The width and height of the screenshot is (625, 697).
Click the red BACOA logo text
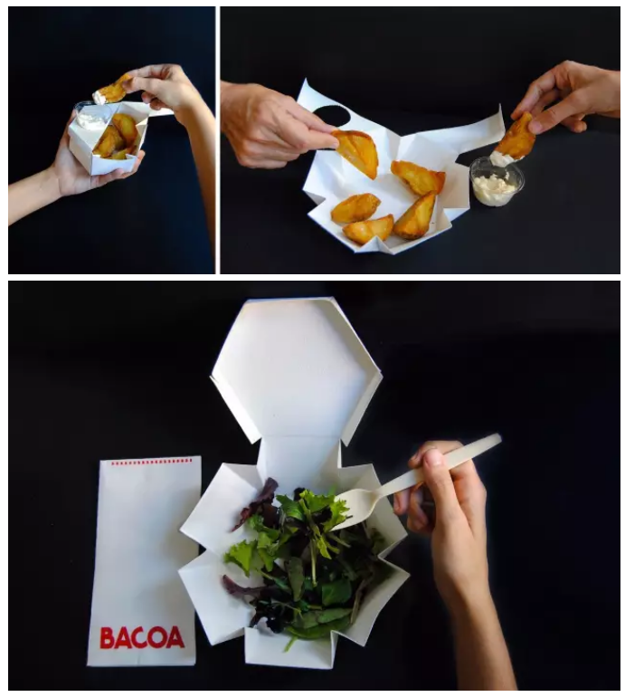click(142, 637)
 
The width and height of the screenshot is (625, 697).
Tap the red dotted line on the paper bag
click(151, 463)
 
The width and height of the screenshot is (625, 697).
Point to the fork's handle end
click(497, 438)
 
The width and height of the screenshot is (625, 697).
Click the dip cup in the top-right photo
click(497, 181)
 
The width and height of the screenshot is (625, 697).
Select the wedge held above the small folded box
click(112, 89)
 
